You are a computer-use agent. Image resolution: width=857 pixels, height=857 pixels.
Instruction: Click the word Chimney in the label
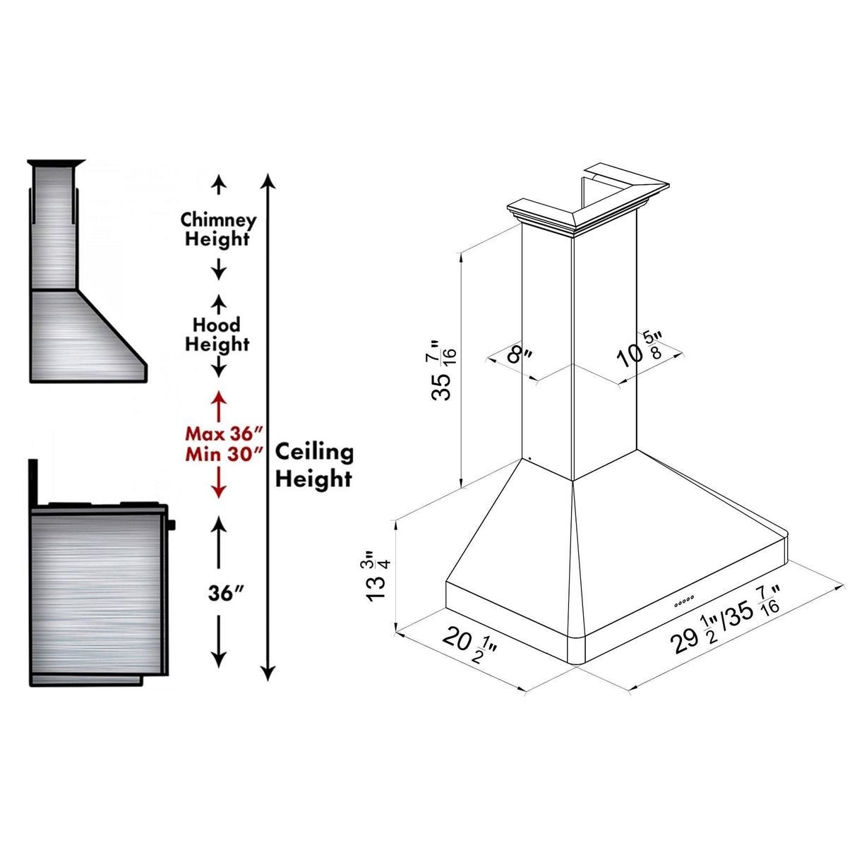click(217, 220)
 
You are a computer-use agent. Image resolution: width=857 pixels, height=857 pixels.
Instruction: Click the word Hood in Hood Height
click(217, 325)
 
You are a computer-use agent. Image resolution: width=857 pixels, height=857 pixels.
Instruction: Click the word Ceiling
click(314, 452)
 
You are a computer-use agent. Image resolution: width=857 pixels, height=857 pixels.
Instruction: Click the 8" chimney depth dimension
click(520, 353)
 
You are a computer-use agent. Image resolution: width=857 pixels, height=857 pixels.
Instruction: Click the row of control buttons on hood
click(684, 601)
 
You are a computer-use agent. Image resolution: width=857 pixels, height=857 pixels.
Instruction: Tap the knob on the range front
click(172, 525)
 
